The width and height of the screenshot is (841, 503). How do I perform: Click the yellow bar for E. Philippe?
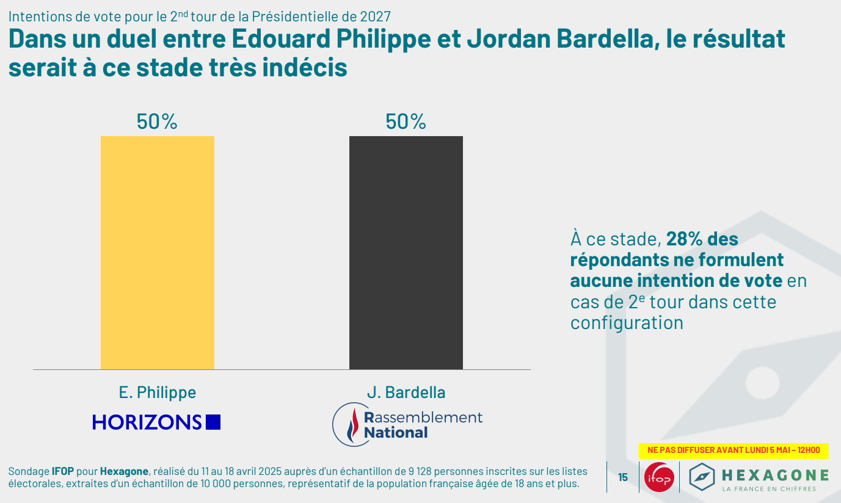[x=158, y=253]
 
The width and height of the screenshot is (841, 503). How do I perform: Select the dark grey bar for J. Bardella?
[x=406, y=253]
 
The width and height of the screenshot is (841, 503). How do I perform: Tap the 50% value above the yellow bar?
[x=157, y=122]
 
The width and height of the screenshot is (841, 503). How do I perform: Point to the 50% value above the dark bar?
[x=406, y=122]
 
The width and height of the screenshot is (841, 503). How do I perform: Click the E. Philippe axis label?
[x=158, y=393]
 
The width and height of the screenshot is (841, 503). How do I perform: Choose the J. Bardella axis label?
[x=406, y=393]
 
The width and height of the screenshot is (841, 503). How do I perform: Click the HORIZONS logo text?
[x=147, y=422]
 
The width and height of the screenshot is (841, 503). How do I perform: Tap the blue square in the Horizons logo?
[x=213, y=422]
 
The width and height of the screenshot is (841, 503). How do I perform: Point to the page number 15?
[x=623, y=477]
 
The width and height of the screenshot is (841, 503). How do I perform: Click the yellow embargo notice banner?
[x=734, y=451]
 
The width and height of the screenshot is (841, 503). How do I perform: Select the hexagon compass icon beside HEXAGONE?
[x=702, y=477]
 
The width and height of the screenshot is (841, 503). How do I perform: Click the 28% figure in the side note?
[x=683, y=239]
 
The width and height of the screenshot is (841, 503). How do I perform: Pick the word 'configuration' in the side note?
[x=627, y=322]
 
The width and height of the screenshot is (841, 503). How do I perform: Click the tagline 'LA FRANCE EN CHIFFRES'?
[x=775, y=489]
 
